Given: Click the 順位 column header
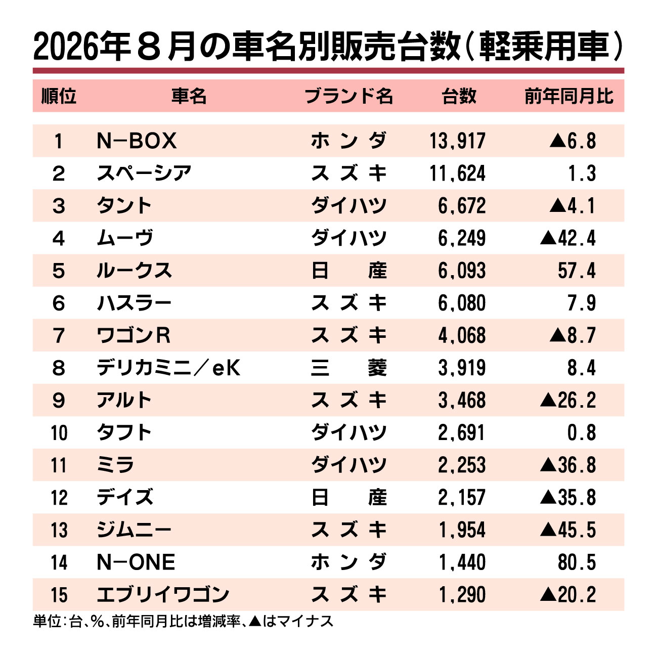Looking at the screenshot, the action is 59,96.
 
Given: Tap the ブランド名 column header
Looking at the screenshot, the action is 348,96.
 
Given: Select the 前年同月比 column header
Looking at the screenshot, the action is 569,96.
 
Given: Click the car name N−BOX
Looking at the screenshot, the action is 137,141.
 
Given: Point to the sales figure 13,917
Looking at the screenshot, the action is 457,141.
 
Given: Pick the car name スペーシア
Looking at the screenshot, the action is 144,173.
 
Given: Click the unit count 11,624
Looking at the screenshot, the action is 457,173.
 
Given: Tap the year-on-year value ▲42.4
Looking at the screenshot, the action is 567,238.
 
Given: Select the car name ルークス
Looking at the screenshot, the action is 135,271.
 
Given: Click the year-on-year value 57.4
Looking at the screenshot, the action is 577,271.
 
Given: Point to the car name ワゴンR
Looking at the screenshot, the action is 134,335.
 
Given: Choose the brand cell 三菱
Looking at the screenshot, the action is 349,368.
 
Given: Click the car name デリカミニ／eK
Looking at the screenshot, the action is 168,368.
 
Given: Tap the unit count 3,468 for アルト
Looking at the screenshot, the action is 462,400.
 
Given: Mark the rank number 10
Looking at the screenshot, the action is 59,432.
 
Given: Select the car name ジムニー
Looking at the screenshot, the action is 134,530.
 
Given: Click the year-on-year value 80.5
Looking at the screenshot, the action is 577,562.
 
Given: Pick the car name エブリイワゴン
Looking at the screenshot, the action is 163,595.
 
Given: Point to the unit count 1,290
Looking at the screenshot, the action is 462,595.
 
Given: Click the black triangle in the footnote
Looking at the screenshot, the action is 255,621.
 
